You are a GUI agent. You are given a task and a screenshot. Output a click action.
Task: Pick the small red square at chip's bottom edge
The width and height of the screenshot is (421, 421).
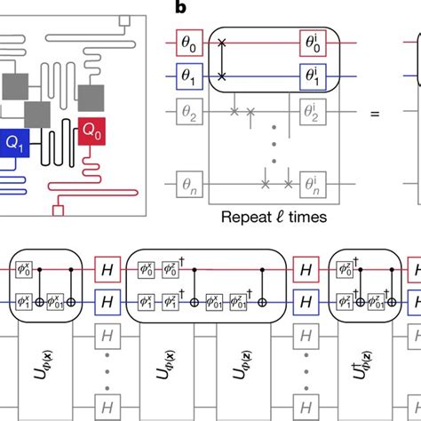(60, 210)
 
